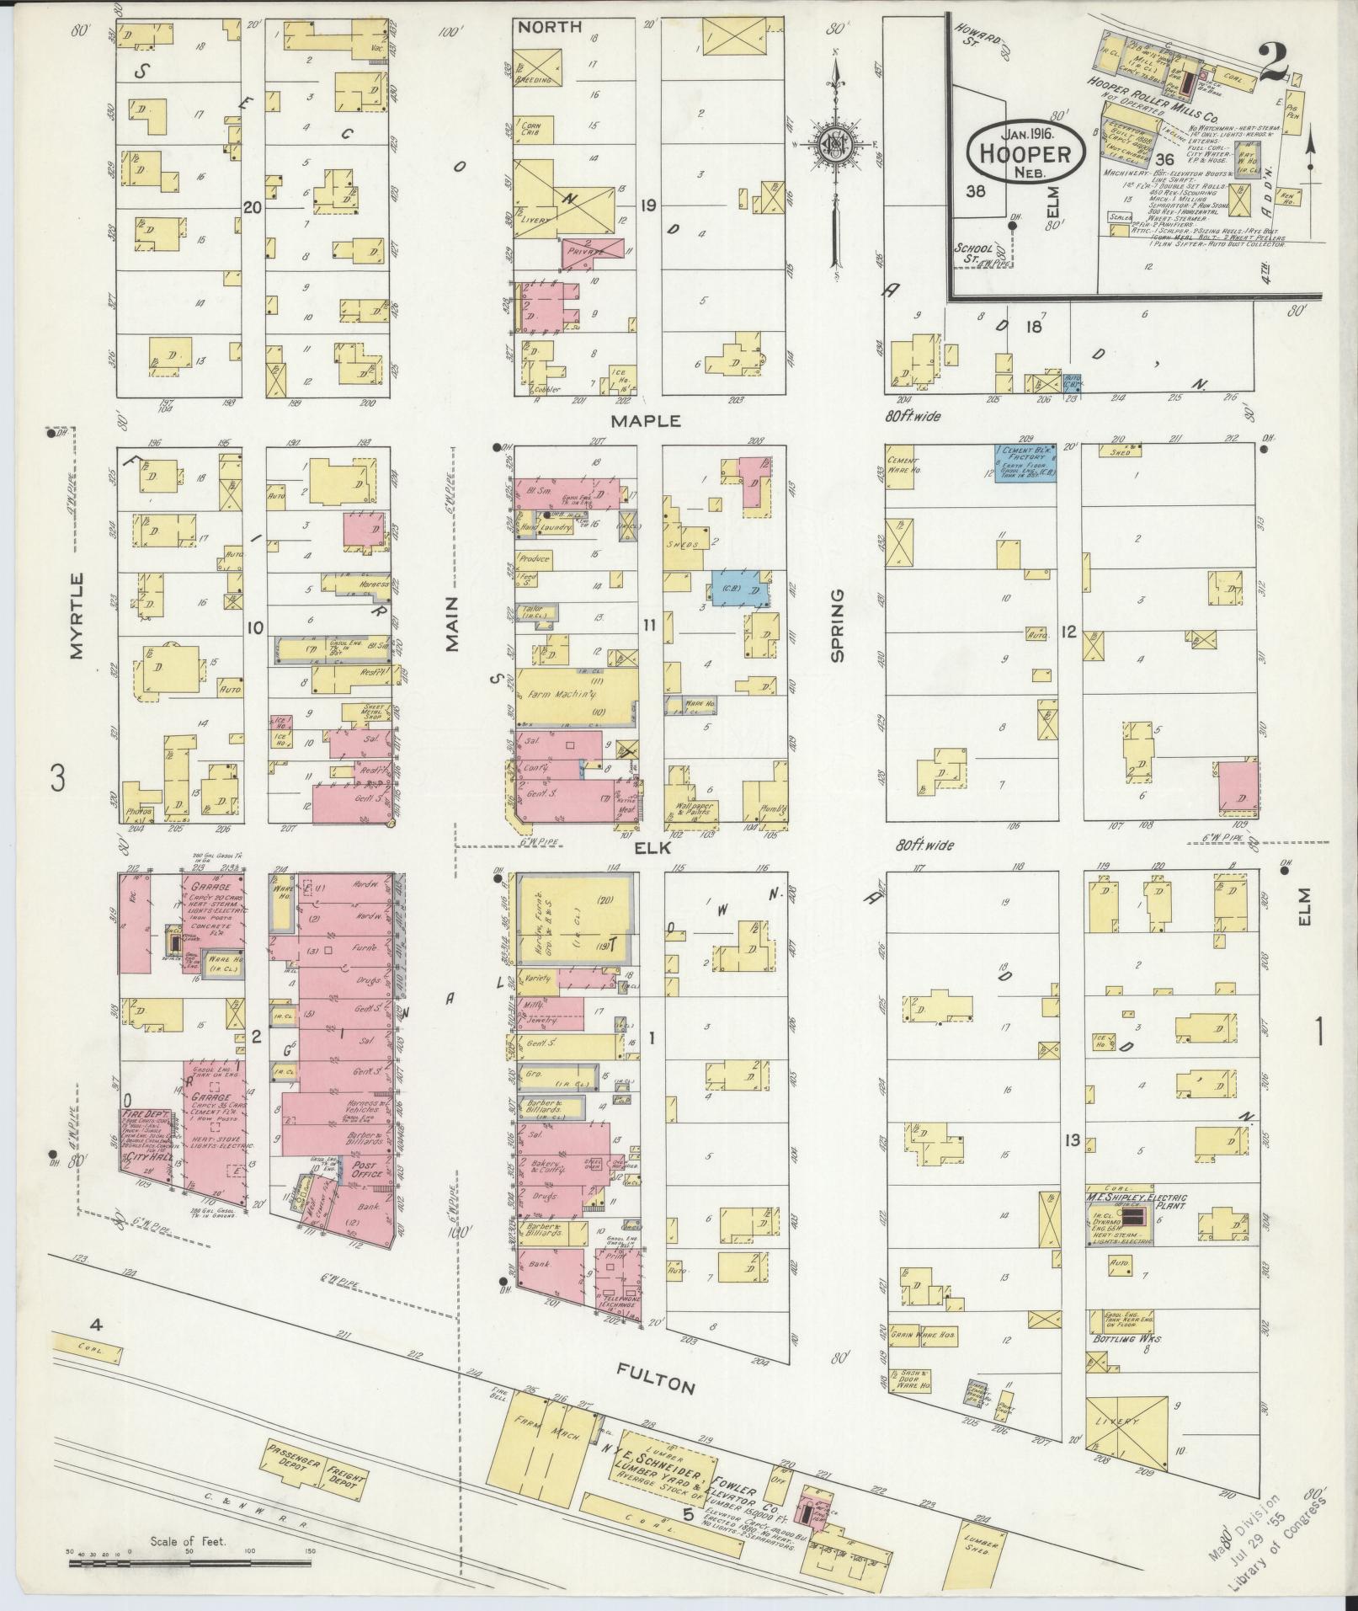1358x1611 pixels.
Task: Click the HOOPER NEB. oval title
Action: (1024, 152)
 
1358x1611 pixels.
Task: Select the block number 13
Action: (1071, 1140)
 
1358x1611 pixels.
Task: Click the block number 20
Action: (251, 207)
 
